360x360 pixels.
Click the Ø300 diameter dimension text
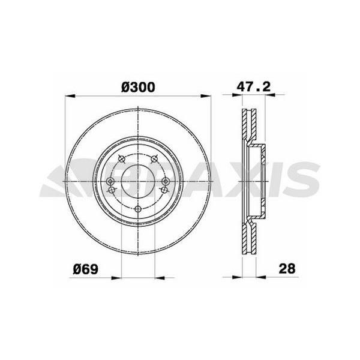pos(138,86)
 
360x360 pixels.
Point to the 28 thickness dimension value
pos(288,268)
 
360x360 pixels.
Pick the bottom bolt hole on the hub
pos(138,208)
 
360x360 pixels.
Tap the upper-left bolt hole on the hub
pos(122,158)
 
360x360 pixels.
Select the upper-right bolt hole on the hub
pos(155,158)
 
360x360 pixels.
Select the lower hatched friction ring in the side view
pos(247,237)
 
